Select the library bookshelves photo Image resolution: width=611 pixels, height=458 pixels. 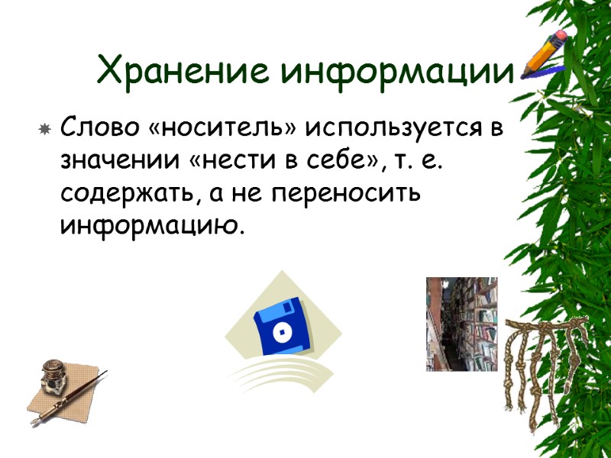coord(461,324)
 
